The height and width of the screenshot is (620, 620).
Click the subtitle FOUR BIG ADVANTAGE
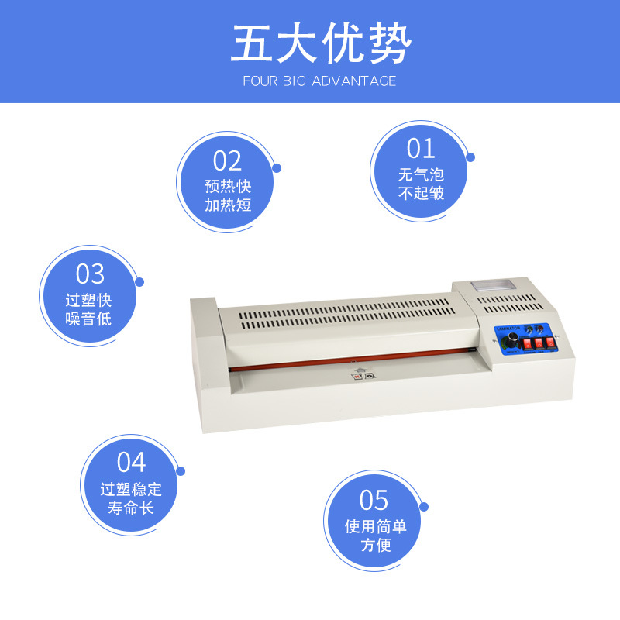point(319,81)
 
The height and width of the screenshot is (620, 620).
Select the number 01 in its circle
point(421,147)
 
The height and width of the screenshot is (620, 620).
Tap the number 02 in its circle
point(228,160)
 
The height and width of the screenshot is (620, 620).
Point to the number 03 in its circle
point(89,274)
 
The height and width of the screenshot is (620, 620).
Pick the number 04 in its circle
point(131,462)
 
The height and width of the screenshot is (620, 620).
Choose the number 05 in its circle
point(374,500)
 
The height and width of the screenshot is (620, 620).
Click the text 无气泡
point(421,174)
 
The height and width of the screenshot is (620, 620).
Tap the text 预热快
point(228,187)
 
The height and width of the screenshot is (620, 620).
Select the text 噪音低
point(89,319)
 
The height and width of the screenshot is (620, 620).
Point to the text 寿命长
point(131,508)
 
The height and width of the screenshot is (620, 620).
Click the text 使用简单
point(376,527)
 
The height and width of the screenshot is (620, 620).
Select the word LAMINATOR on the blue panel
point(508,328)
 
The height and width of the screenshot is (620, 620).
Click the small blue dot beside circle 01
point(470,157)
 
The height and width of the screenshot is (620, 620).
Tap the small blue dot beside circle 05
point(424,506)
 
